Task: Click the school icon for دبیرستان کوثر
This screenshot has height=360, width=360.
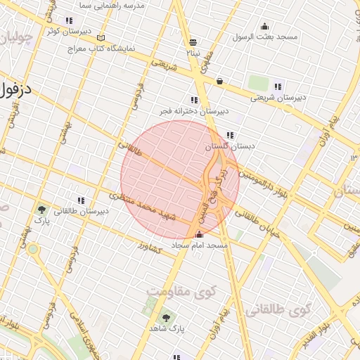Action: coord(68,21)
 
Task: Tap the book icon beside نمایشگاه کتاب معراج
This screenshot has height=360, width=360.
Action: coord(101,37)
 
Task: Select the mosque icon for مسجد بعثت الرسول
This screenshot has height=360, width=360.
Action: coord(266,25)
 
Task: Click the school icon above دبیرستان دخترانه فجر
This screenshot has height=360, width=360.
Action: coord(194,101)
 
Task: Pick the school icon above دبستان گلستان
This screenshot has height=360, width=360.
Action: coord(230,136)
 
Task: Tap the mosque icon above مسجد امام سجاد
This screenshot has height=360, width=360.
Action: coord(199,235)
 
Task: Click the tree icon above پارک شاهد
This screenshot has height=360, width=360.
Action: coord(166,317)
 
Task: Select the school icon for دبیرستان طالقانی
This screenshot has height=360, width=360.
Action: coord(82,200)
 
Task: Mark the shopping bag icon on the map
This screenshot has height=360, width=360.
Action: coord(219,81)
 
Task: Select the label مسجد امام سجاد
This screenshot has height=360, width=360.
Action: coord(200,245)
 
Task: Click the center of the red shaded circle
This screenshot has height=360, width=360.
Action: coord(180,180)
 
